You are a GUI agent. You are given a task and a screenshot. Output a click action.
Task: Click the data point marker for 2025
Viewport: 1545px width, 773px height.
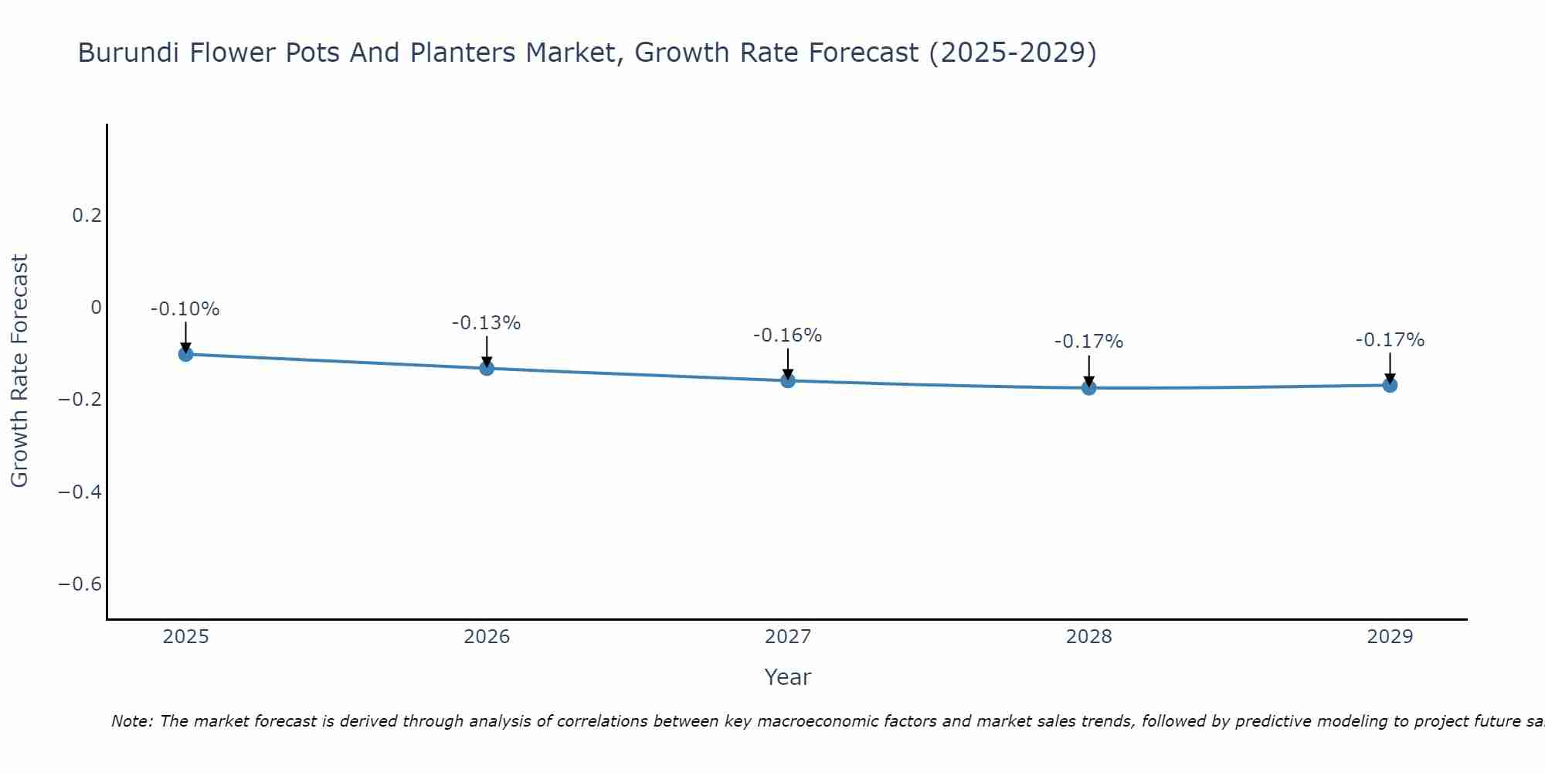(x=185, y=354)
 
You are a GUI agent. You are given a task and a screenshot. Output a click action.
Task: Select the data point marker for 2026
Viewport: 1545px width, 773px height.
(x=487, y=368)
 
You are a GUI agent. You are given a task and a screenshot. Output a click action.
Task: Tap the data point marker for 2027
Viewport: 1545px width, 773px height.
(x=788, y=380)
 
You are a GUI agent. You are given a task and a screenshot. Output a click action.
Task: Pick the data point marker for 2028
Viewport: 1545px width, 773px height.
(x=1088, y=387)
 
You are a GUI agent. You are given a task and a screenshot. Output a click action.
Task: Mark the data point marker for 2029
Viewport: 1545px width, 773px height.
(x=1390, y=385)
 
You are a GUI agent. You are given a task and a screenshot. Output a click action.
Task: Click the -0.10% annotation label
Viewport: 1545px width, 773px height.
(x=185, y=309)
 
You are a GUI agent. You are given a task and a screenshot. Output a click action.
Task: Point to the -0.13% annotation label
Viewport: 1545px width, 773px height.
(x=487, y=323)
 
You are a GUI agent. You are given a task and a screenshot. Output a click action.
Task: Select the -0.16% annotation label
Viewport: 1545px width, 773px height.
(x=788, y=335)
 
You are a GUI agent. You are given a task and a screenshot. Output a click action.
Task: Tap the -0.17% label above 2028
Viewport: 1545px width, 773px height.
(x=1088, y=342)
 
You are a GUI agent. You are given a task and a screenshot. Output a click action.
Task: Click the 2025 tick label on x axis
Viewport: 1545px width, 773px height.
(x=186, y=637)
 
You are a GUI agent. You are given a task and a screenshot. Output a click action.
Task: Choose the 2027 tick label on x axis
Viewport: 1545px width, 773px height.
(x=788, y=637)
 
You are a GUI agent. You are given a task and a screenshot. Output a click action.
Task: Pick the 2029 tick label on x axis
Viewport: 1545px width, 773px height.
(x=1390, y=637)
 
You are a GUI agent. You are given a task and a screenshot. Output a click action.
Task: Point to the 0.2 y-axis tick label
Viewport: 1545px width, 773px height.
(x=87, y=216)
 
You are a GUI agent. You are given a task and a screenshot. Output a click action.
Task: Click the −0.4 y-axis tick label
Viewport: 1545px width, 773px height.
(x=80, y=492)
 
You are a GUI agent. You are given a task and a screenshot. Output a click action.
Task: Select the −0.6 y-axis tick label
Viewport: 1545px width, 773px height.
(x=80, y=584)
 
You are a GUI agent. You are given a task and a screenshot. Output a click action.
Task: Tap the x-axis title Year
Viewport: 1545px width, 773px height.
(x=787, y=677)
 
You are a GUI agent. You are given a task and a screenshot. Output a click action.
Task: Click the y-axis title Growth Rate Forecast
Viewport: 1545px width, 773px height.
(x=19, y=371)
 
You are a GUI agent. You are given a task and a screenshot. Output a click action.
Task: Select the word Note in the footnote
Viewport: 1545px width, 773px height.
(x=131, y=721)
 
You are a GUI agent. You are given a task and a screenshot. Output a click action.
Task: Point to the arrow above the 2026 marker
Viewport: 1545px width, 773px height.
(x=487, y=350)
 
